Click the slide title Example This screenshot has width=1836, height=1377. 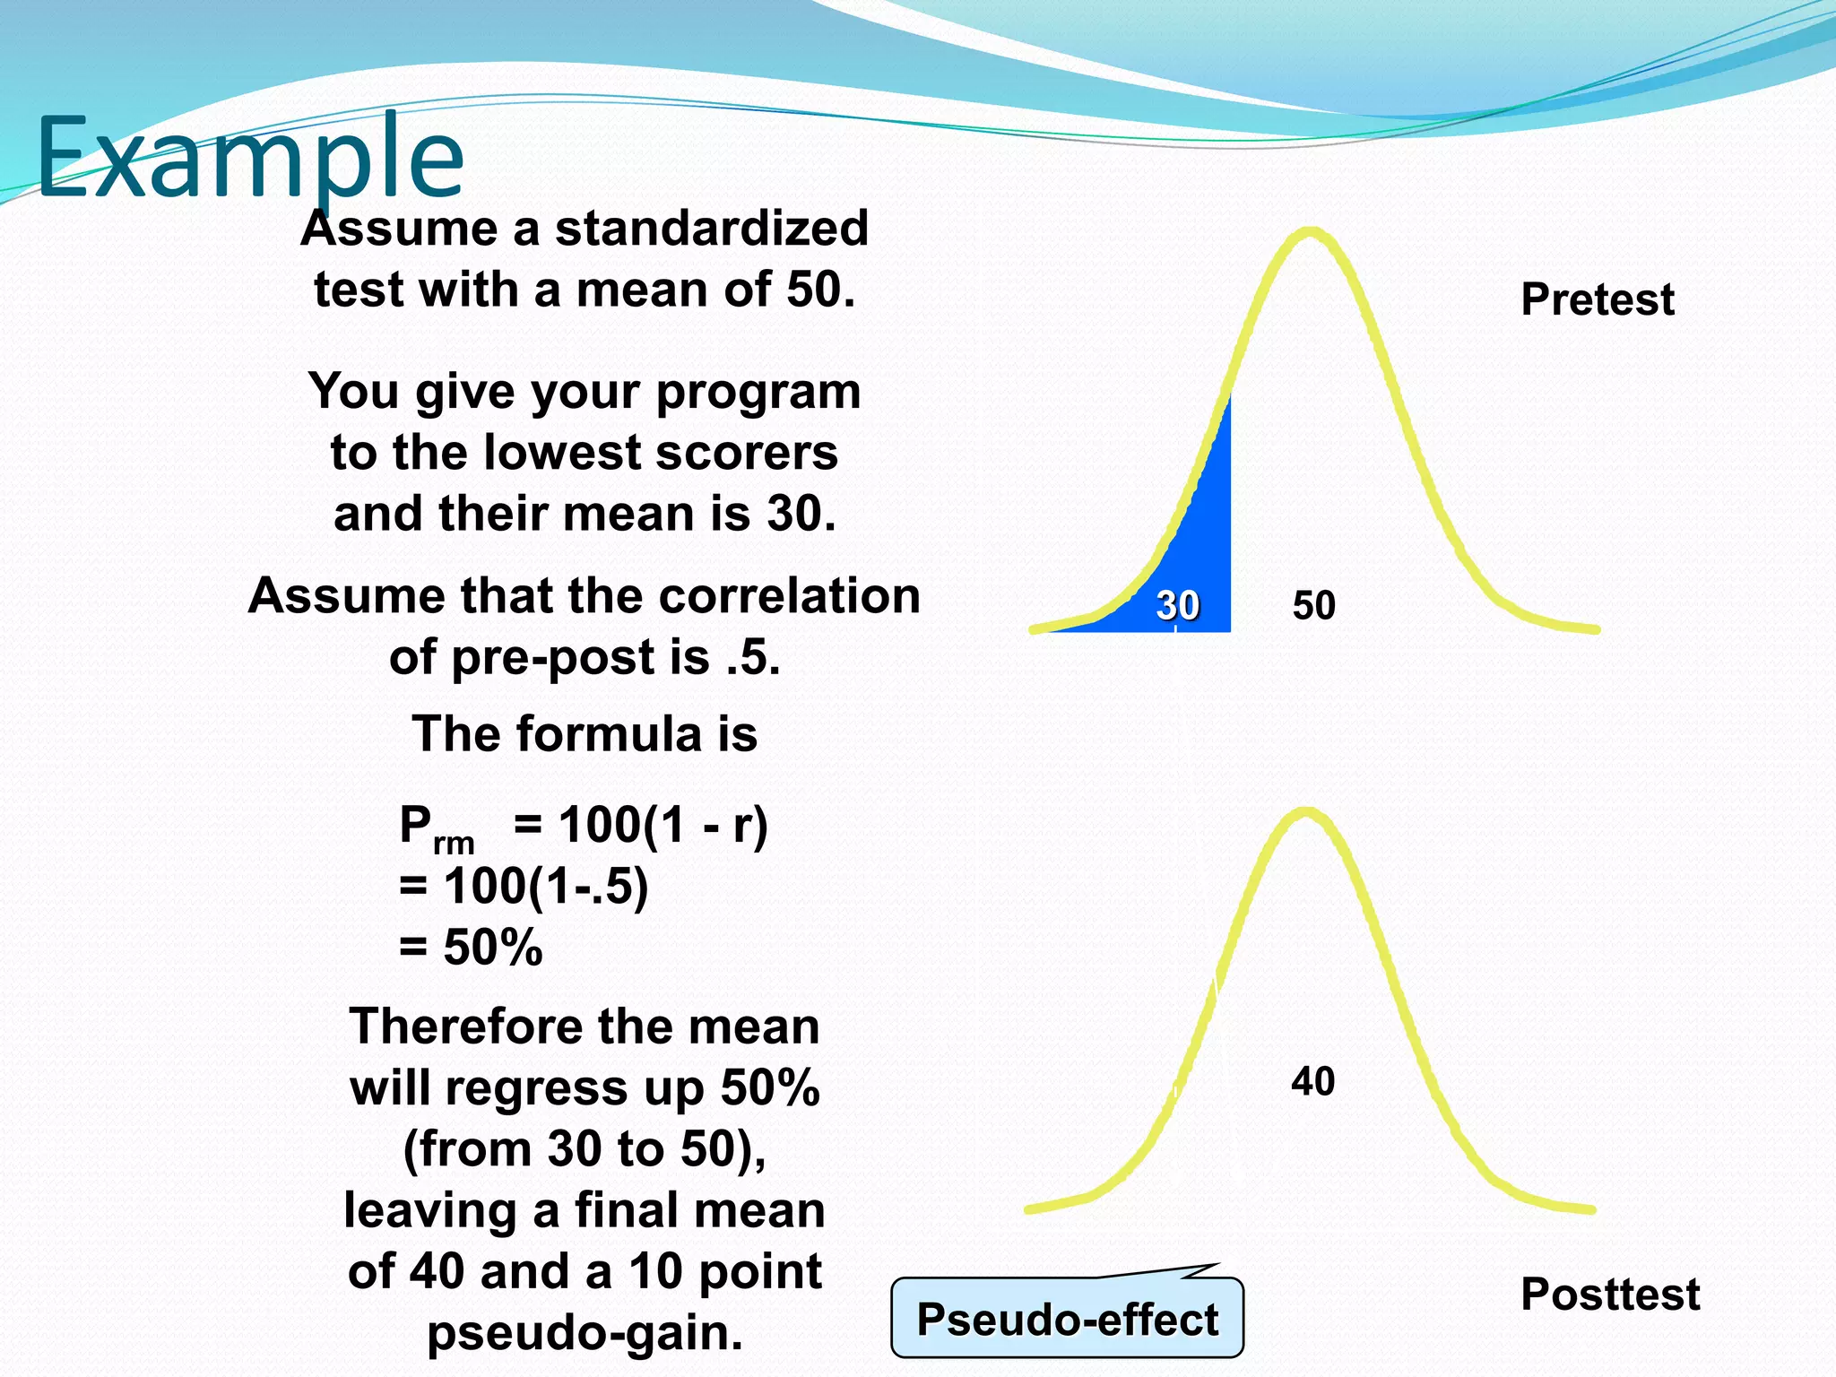pos(250,160)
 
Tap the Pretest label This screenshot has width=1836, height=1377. pos(1597,299)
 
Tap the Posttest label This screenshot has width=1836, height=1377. pos(1610,1295)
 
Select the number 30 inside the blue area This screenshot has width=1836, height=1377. pos(1177,606)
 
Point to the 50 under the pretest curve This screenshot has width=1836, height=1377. pos(1313,606)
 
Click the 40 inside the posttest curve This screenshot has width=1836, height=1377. pos(1312,1082)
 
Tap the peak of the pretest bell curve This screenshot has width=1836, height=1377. pos(1310,233)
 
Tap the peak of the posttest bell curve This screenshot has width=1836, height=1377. pos(1305,813)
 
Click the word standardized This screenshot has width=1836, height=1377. pos(712,229)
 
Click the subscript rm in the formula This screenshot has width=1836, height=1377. pos(453,844)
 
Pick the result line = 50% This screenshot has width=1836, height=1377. pos(471,948)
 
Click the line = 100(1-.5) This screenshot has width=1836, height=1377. pos(524,887)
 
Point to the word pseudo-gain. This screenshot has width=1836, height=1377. pos(585,1333)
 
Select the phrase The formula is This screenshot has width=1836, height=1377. pos(585,734)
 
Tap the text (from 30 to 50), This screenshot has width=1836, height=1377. pos(585,1149)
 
